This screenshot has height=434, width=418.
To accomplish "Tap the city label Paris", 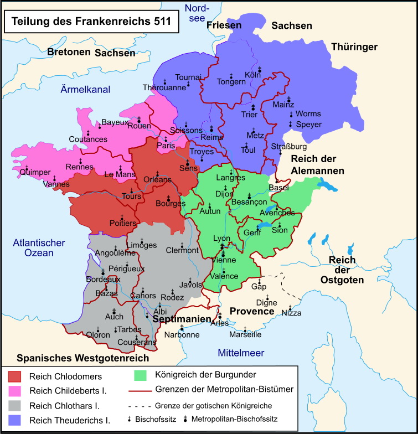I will click(x=165, y=145).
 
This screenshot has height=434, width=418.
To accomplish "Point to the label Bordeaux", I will click(x=103, y=280).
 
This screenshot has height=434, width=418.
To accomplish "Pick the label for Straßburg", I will click(x=288, y=146).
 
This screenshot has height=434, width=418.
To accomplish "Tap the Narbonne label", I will click(x=182, y=334).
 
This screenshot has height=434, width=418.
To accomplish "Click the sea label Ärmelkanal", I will click(x=86, y=89).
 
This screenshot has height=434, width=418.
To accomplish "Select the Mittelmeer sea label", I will click(x=241, y=353).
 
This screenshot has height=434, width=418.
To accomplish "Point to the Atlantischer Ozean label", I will click(x=39, y=247).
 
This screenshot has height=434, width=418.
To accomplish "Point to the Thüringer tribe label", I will click(x=354, y=47).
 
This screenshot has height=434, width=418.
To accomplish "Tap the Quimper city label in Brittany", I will click(x=35, y=172).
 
